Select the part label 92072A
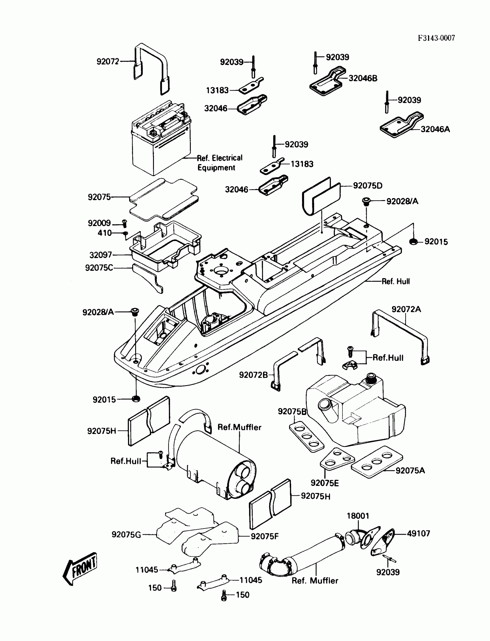pos(406,309)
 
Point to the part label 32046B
pos(363,78)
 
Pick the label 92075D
pos(367,186)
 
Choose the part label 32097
pos(101,255)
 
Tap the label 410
pos(104,233)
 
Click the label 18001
pos(358,516)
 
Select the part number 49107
pos(418,533)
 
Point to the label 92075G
pos(126,535)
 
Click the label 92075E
pos(325,483)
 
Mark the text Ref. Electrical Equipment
pos(219,163)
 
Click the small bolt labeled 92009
pos(124,223)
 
